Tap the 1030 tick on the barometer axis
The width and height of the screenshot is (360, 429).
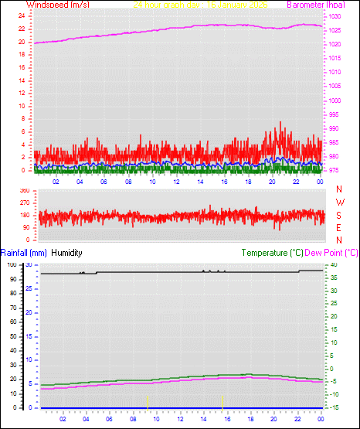(x=335, y=16)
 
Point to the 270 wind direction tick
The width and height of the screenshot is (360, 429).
(x=24, y=203)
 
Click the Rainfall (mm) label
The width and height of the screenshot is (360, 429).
(x=24, y=253)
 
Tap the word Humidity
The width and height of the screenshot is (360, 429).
(x=66, y=253)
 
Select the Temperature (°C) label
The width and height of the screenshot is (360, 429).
(x=272, y=253)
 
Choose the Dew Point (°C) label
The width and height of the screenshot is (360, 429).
(x=332, y=253)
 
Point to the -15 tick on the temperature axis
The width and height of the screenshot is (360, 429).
(x=334, y=407)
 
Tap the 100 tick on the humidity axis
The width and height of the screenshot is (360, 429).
(x=12, y=264)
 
